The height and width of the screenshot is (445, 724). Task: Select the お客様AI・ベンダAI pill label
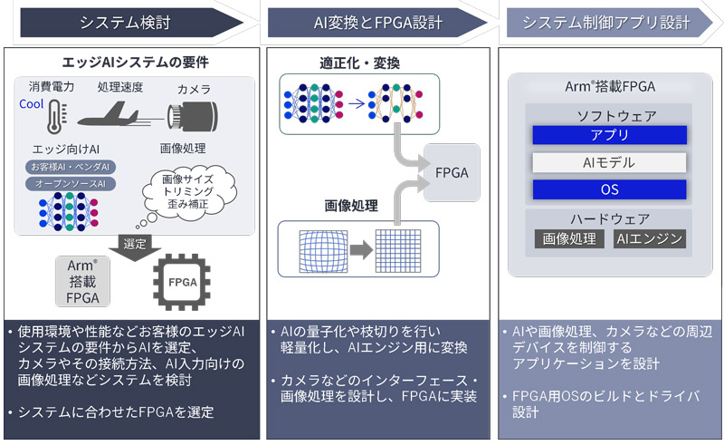[x=70, y=167]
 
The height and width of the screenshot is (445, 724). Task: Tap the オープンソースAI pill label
[x=70, y=184]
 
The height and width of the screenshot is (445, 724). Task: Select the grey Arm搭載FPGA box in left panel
[x=81, y=281]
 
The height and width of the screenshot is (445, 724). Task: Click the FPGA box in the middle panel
[x=452, y=171]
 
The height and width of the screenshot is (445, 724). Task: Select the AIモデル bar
[x=609, y=163]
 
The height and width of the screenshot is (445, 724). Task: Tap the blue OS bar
[x=609, y=190]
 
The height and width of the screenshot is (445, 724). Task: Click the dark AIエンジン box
[x=649, y=239]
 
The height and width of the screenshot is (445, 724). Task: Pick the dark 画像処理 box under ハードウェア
[x=569, y=239]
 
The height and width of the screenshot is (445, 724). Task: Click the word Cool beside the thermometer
[x=32, y=104]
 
